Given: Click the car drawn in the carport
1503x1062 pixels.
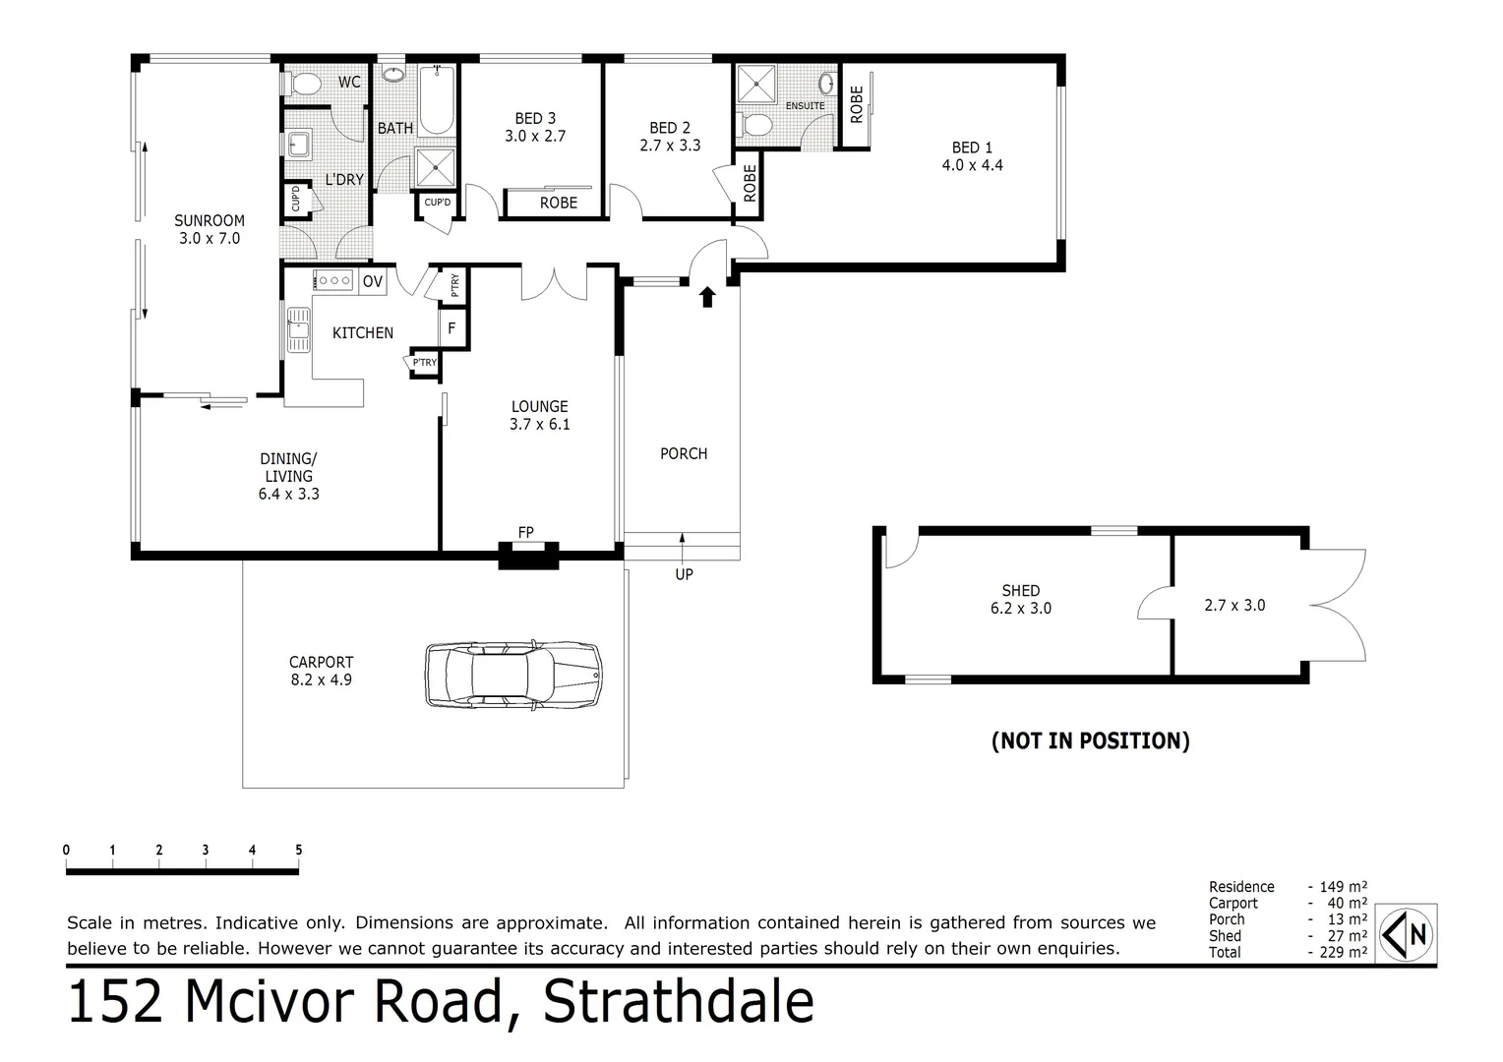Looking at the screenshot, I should pyautogui.click(x=512, y=675).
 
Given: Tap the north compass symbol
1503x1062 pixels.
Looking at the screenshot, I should pyautogui.click(x=1408, y=931).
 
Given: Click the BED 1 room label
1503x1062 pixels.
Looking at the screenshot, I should pyautogui.click(x=972, y=156).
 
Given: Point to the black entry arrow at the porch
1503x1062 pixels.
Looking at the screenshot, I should pyautogui.click(x=706, y=297).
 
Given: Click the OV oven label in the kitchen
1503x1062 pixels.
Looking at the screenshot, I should pyautogui.click(x=372, y=282).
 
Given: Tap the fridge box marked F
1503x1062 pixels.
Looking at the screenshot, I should pyautogui.click(x=451, y=328).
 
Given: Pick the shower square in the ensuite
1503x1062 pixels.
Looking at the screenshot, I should pyautogui.click(x=757, y=84).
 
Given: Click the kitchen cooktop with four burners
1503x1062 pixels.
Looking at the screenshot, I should pyautogui.click(x=334, y=281).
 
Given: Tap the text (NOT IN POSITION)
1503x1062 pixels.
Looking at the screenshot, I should pyautogui.click(x=1090, y=740).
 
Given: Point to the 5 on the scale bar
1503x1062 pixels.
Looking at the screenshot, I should pyautogui.click(x=298, y=851).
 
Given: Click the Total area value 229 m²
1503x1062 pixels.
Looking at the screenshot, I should pyautogui.click(x=1339, y=952).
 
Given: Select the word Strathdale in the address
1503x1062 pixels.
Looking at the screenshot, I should pyautogui.click(x=679, y=1002).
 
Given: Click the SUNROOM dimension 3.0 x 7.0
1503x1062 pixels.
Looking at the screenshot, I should pyautogui.click(x=210, y=238).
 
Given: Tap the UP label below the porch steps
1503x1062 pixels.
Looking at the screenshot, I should pyautogui.click(x=684, y=574).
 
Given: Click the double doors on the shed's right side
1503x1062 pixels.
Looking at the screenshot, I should pyautogui.click(x=1338, y=605).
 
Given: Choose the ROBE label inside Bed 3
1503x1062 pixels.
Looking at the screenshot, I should pyautogui.click(x=559, y=203).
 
